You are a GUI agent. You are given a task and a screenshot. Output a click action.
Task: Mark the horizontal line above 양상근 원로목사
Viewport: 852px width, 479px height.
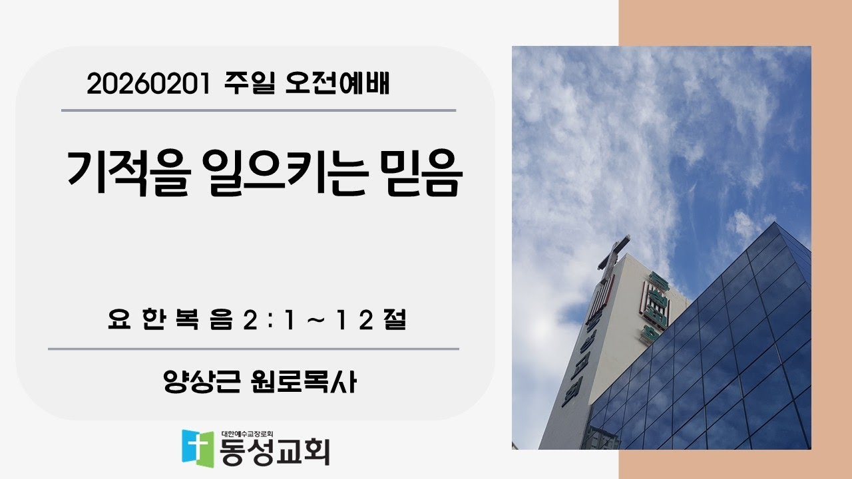pyautogui.click(x=253, y=349)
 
